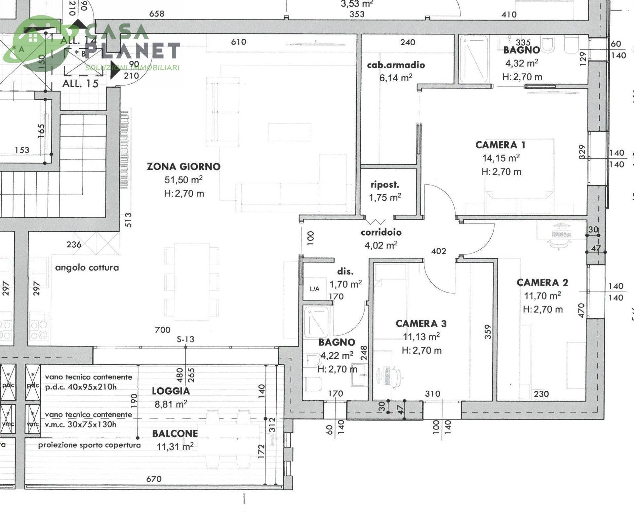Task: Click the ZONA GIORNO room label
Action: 184,166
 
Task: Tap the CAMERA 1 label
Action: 500,145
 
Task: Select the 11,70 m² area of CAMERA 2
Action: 542,296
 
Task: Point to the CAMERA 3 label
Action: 421,323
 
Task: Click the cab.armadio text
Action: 396,65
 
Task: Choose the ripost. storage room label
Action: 385,185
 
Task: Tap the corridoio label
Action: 381,232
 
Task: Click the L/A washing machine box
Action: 315,289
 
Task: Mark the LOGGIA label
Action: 171,391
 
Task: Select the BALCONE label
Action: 175,433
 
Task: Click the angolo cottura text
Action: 87,268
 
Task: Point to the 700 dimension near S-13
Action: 162,330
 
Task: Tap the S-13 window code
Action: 185,339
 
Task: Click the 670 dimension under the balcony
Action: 154,479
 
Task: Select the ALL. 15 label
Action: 80,84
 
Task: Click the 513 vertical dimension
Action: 128,220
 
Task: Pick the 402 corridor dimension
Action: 439,251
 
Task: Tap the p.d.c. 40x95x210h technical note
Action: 81,387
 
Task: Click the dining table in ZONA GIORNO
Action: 192,281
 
